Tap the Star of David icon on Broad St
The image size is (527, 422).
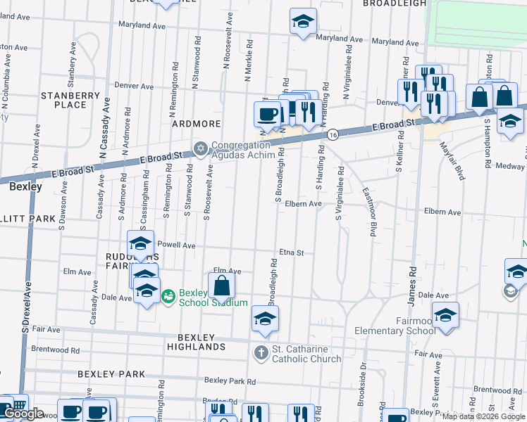[x=201, y=148]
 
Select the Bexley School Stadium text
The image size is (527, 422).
[x=213, y=298]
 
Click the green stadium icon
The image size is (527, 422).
[x=168, y=298]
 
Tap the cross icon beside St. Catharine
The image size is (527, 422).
[x=261, y=352]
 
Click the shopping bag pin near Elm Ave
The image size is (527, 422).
[x=221, y=285]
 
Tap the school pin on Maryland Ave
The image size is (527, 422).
[x=303, y=22]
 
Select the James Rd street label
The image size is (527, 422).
[x=411, y=287]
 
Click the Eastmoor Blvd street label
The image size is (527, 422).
[x=368, y=211]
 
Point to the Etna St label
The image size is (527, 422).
[x=291, y=252]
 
